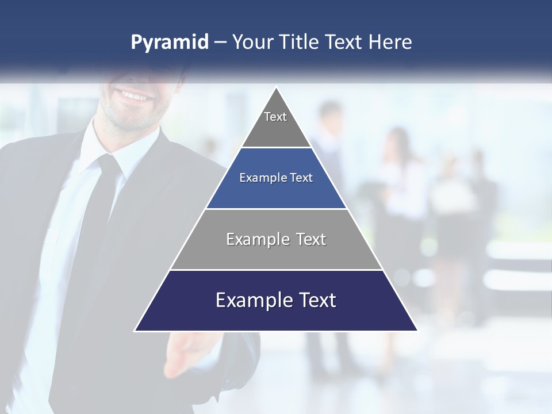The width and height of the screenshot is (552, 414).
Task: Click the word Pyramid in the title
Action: pos(169,43)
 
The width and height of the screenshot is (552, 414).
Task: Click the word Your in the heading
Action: pos(252,43)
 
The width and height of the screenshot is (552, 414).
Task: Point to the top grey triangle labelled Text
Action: pos(276,124)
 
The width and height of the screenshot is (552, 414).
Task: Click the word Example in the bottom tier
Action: pos(247,301)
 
